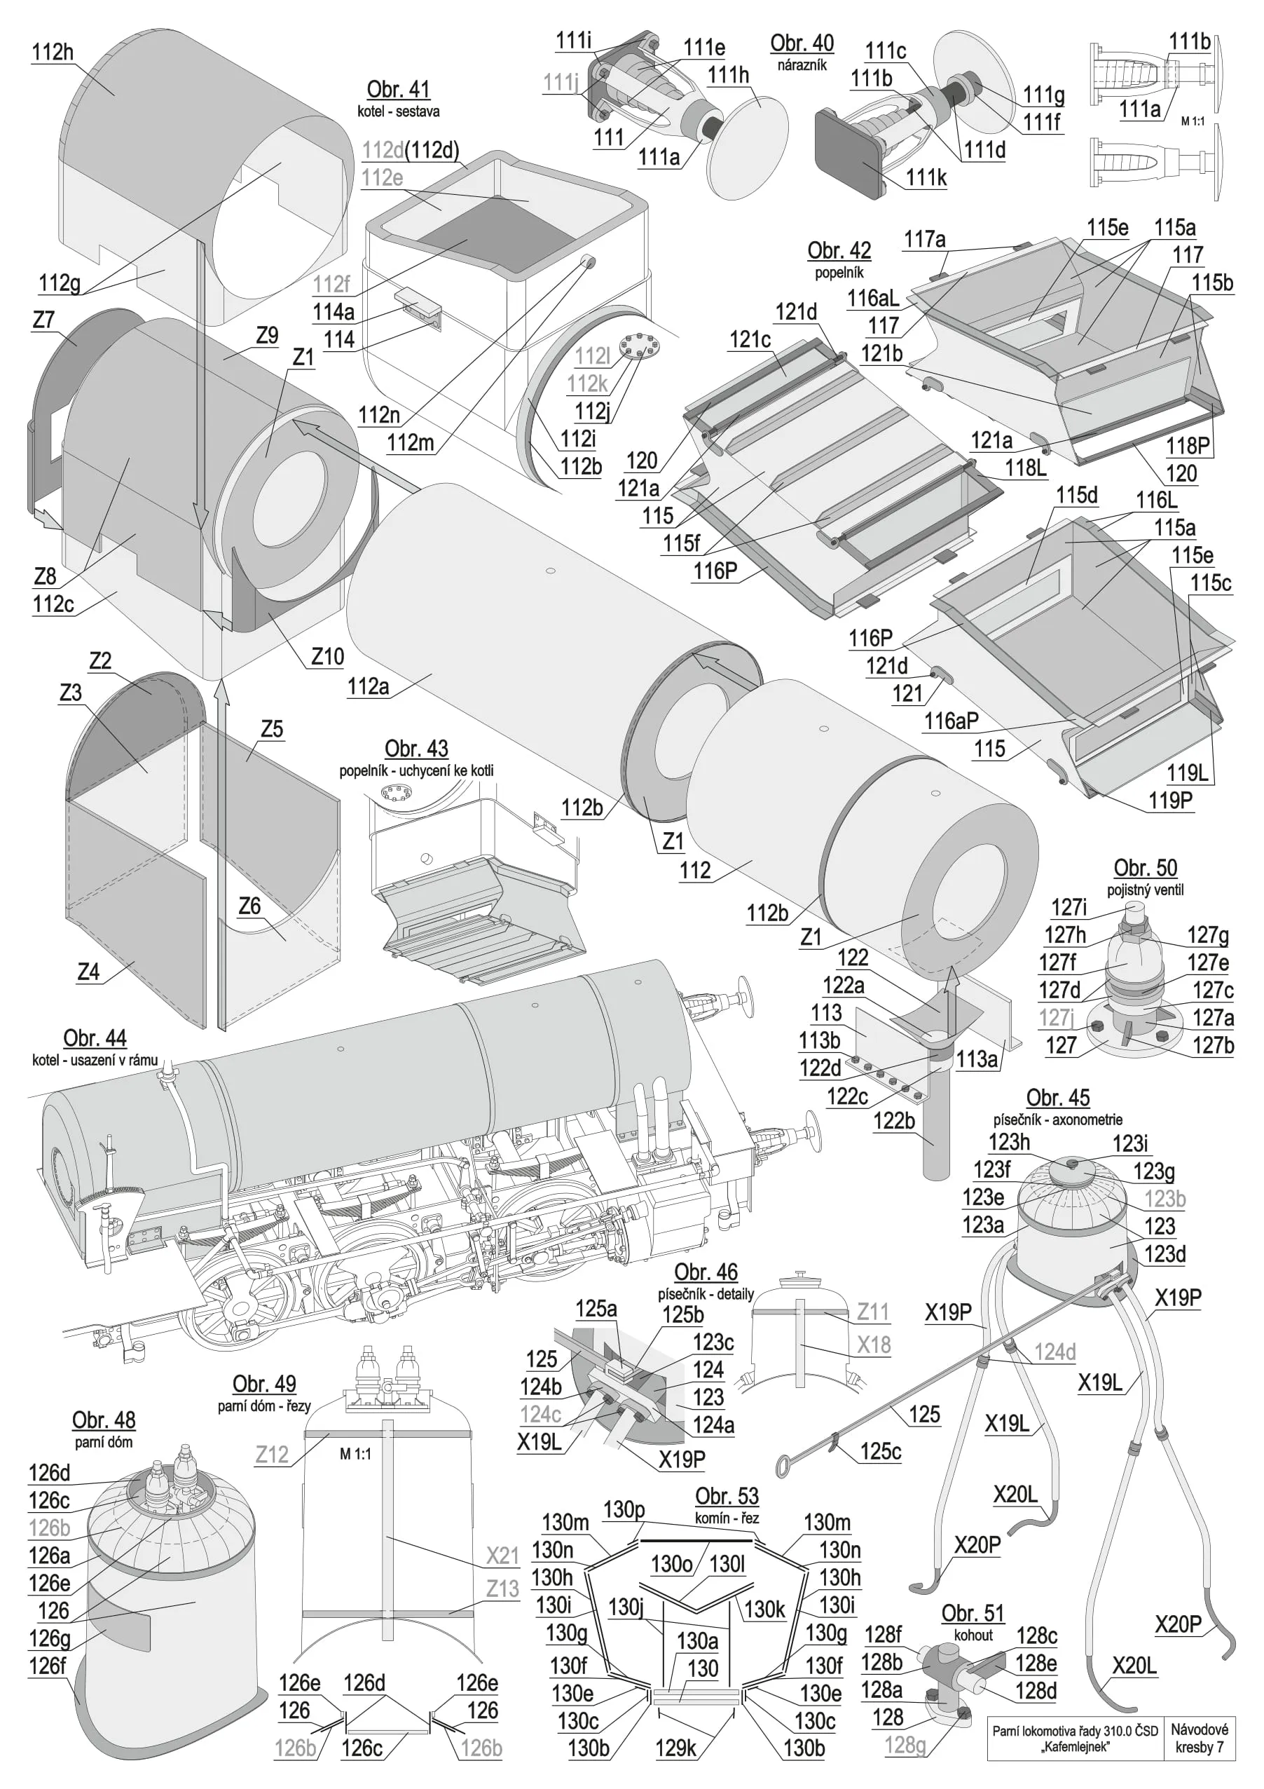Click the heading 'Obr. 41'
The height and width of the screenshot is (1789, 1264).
pos(398,90)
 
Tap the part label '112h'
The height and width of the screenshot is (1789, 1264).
pos(52,52)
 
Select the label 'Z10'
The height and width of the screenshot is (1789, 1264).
pos(327,656)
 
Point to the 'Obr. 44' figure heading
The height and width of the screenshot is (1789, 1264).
pos(94,1038)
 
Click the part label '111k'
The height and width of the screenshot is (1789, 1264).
pos(926,177)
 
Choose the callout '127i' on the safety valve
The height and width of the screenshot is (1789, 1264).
pos(1069,907)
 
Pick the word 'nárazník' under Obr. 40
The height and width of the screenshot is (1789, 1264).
pos(802,65)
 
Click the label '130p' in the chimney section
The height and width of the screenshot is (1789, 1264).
pos(624,1509)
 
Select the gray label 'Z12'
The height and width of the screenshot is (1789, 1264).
pos(272,1455)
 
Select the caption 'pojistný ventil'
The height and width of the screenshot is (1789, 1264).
pos(1145,890)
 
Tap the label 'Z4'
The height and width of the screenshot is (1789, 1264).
pos(88,972)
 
